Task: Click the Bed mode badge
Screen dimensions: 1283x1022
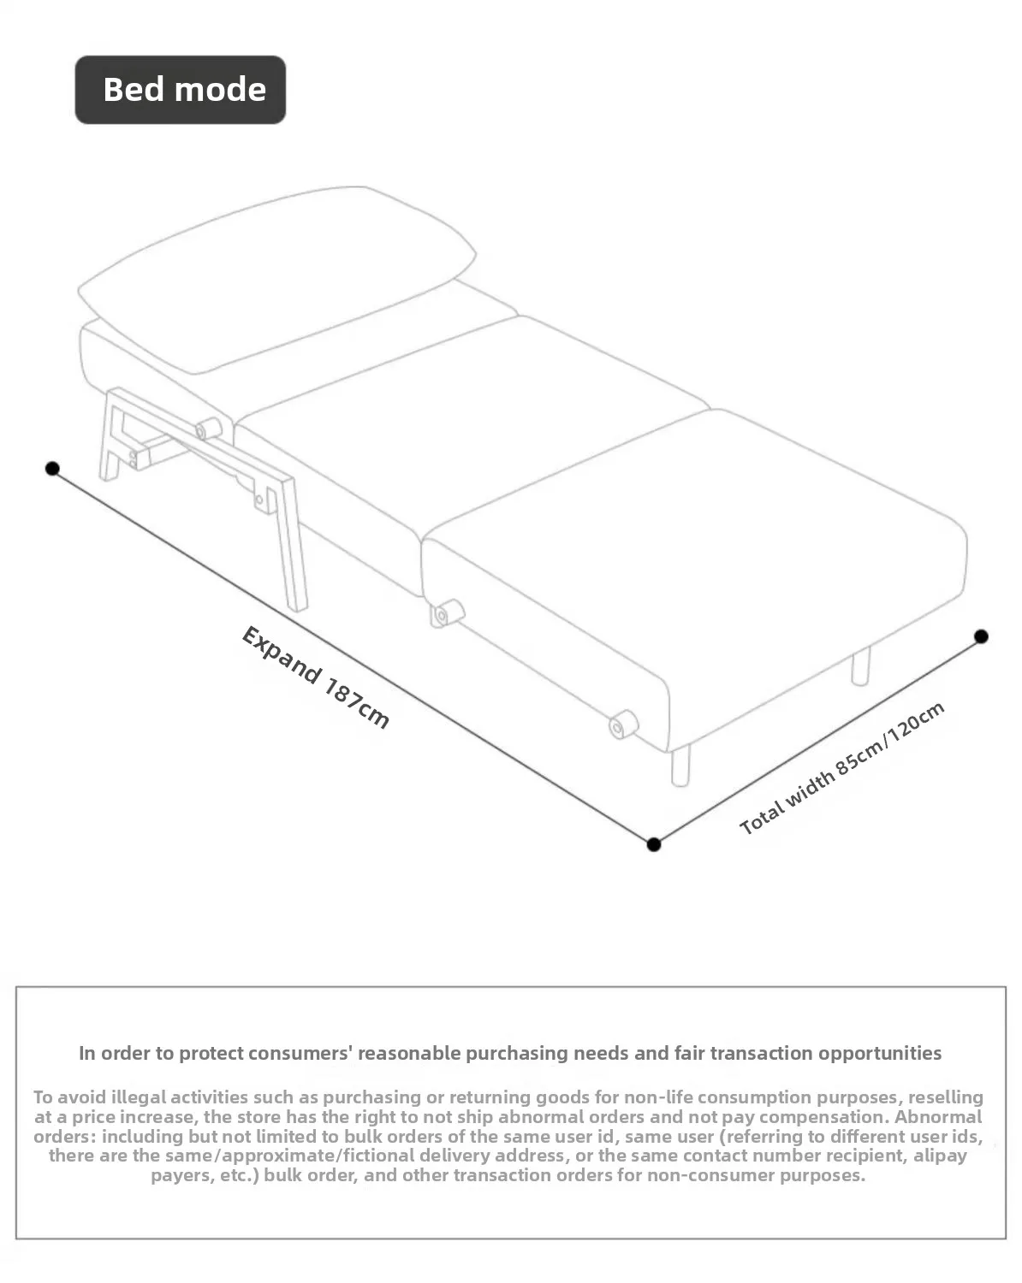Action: tap(181, 90)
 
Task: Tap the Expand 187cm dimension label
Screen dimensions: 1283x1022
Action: tap(315, 677)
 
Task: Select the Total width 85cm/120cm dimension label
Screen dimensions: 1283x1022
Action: tap(842, 768)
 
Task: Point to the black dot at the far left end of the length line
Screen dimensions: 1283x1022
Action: tap(53, 468)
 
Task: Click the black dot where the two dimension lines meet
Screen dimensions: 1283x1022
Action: tap(654, 844)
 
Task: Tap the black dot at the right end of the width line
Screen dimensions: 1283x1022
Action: tap(982, 636)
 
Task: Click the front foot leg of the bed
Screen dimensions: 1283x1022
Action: tap(681, 765)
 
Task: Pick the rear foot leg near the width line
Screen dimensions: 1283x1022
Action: tap(860, 665)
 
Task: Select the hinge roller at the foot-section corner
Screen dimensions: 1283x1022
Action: tap(622, 724)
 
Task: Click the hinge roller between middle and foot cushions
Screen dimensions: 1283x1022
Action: tap(447, 612)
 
